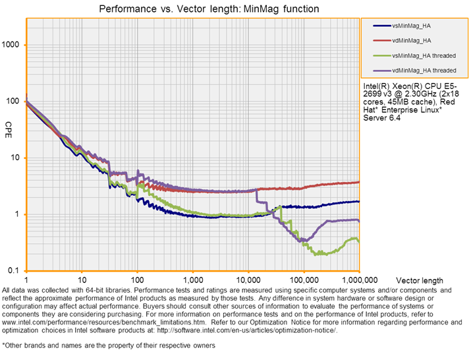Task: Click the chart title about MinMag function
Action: coord(208,9)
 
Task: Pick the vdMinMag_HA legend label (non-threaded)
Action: coord(411,40)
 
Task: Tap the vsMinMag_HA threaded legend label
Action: coord(424,55)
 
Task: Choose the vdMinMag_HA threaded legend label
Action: coord(424,69)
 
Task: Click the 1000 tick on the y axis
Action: coord(13,45)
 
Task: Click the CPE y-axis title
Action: coord(9,125)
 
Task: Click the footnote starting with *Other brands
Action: coord(109,345)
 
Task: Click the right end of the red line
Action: coord(358,182)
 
